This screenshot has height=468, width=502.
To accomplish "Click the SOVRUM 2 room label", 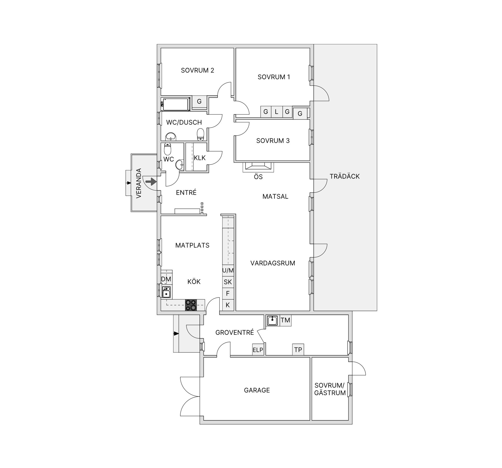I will tap(197, 70).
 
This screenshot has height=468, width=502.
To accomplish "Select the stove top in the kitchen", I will tap(191, 305).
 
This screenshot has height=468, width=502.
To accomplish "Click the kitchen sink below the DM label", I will tap(166, 292).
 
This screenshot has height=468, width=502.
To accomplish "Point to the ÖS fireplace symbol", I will tap(258, 167).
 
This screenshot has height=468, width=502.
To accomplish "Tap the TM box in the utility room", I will tap(285, 320).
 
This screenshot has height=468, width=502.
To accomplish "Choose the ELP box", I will tap(258, 350).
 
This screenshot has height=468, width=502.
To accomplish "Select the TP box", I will tap(298, 350).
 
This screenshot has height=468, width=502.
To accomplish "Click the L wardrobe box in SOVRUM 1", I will tap(276, 112).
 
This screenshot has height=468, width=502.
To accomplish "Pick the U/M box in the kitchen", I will tap(228, 271).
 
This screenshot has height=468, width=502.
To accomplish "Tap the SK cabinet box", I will tap(228, 282).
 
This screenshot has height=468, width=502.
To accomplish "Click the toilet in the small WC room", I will tap(167, 149).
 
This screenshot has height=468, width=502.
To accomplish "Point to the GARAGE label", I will tap(257, 390).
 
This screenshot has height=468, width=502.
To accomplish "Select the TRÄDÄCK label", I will tap(345, 177).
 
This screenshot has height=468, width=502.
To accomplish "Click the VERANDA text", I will tap(139, 183).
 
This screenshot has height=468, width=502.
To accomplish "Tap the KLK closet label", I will tap(199, 158).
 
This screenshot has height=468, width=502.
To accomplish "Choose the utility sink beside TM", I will tap(272, 320).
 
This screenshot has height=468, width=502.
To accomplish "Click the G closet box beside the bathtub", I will tap(199, 101).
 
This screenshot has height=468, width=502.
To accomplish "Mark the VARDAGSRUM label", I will tap(273, 263).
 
